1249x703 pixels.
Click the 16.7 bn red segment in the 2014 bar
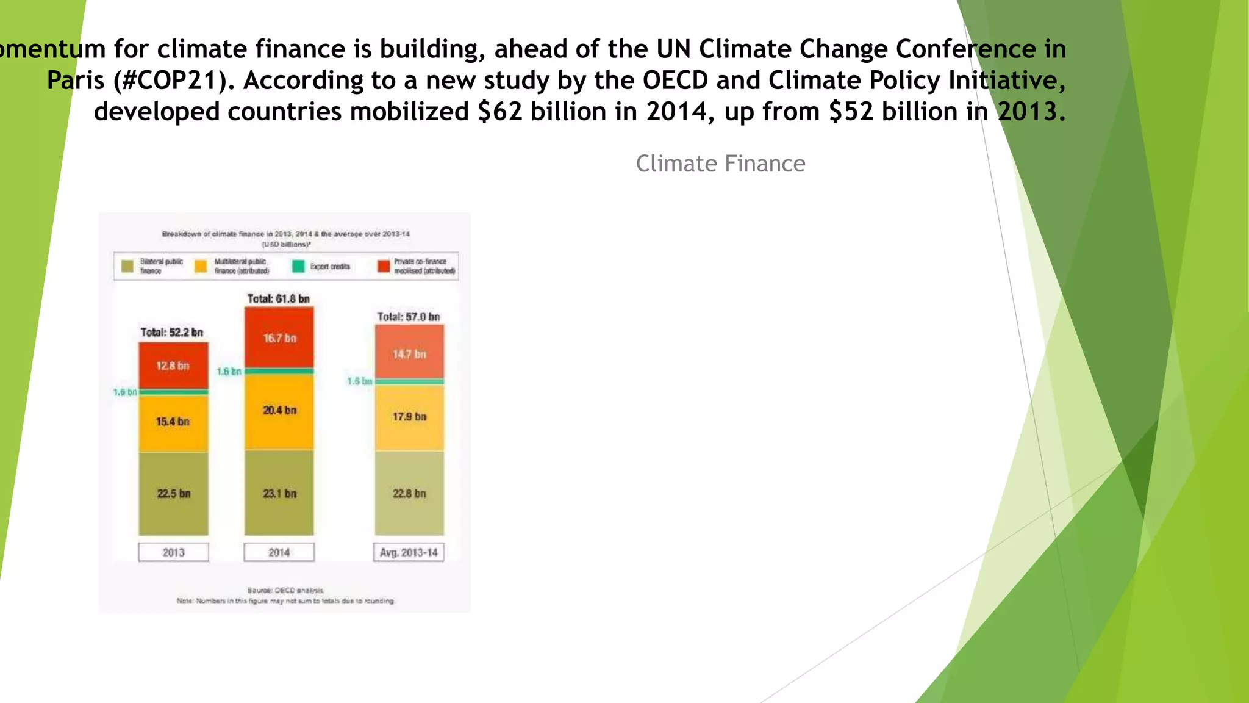(279, 337)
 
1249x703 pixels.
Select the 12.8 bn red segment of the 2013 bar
(173, 366)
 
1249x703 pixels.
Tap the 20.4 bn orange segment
(279, 411)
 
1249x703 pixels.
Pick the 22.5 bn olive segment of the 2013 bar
(173, 493)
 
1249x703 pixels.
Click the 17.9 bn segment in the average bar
(409, 417)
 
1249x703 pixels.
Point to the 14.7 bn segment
(409, 353)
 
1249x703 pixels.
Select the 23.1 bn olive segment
(279, 493)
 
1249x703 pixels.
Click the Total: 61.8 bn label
(278, 298)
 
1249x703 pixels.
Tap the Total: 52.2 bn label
(172, 332)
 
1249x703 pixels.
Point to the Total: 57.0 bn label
(409, 317)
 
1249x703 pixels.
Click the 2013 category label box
(173, 552)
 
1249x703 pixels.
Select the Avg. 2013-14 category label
(409, 552)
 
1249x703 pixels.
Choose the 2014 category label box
(279, 552)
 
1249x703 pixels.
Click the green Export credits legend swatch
(298, 267)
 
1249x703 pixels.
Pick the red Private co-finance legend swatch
(384, 267)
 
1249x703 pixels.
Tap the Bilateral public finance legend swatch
(127, 267)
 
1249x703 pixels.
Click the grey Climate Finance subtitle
(720, 164)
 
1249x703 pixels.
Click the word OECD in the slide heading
(675, 81)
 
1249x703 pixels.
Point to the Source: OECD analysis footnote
(286, 590)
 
